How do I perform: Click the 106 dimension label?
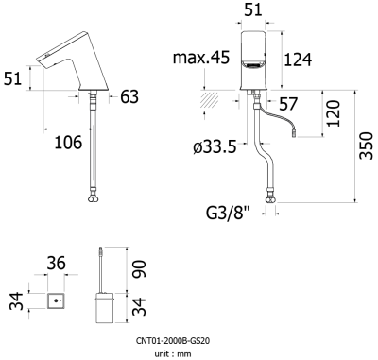[x=66, y=142]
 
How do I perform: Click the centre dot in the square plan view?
[x=58, y=302]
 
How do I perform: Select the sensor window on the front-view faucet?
[x=253, y=66]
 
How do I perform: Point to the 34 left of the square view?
[x=16, y=302]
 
